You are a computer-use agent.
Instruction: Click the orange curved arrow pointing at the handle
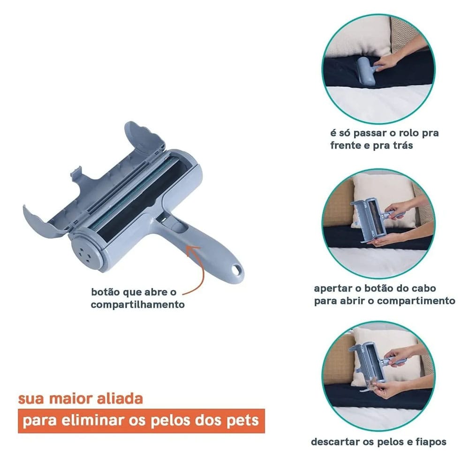pos(202,269)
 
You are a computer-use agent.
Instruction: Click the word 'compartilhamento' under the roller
pos(137,305)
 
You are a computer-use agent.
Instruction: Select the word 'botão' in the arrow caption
pos(106,292)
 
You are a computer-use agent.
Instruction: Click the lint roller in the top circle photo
pos(366,71)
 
